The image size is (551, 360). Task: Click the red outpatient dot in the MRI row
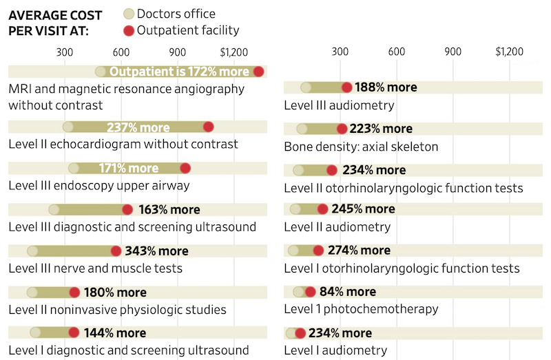click(x=259, y=72)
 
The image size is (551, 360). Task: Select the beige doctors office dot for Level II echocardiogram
click(x=68, y=127)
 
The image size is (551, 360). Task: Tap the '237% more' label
click(x=138, y=127)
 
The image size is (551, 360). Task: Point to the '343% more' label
click(x=156, y=251)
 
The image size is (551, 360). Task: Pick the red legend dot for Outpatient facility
click(x=128, y=30)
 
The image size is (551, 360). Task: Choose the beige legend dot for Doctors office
click(x=128, y=14)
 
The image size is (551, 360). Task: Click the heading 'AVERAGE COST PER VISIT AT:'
click(x=55, y=23)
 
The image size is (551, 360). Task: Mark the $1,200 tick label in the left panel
click(x=233, y=52)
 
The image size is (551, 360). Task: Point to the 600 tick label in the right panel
click(x=396, y=52)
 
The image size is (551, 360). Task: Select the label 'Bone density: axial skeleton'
click(x=361, y=147)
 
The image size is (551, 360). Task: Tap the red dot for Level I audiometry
click(x=300, y=334)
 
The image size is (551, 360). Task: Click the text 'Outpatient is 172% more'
click(x=179, y=72)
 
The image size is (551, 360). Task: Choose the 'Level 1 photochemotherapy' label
click(x=361, y=309)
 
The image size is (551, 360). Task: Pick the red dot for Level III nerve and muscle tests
click(x=116, y=251)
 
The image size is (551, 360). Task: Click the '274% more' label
click(x=358, y=251)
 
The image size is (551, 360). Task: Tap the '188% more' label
click(x=386, y=87)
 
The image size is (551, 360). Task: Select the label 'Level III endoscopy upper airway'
click(x=98, y=186)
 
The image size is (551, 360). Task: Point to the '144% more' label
click(x=115, y=333)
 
